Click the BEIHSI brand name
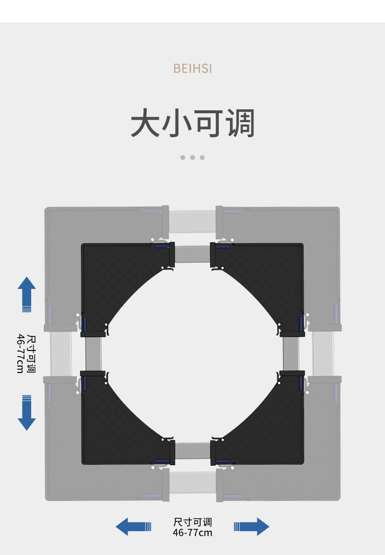click(192, 68)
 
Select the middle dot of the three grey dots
click(192, 158)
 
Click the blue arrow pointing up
click(27, 294)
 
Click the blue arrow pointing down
click(27, 412)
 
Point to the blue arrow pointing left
click(133, 527)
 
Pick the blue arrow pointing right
click(251, 527)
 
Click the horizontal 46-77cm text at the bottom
click(192, 533)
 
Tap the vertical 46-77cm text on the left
click(20, 353)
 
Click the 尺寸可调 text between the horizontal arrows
click(192, 522)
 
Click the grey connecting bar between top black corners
click(192, 254)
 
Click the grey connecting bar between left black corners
click(93, 353)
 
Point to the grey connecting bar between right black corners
click(291, 353)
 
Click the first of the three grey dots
click(183, 158)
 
